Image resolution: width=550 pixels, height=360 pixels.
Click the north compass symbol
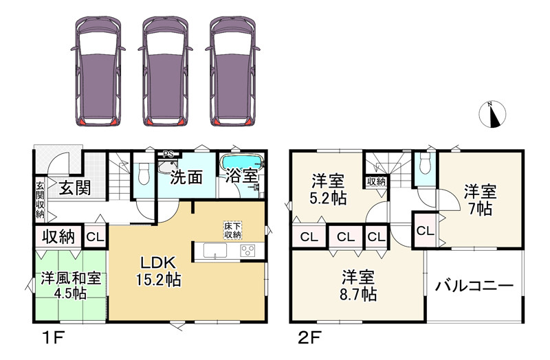(x=492, y=114)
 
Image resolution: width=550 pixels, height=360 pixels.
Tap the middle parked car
(x=165, y=71)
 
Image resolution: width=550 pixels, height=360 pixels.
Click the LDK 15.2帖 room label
(x=158, y=271)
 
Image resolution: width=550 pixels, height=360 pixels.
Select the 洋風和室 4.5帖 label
(x=71, y=285)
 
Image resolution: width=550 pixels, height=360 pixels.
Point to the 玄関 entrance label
(x=74, y=188)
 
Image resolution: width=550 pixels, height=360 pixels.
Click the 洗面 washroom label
(x=186, y=178)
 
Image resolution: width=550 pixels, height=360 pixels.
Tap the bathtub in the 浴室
(x=242, y=162)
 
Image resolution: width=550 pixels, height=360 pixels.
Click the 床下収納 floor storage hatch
(x=233, y=230)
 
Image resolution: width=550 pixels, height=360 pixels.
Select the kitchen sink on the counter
(x=215, y=251)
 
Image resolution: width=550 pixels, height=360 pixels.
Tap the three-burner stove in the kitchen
(x=247, y=251)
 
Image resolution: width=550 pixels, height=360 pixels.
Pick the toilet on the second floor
(x=425, y=164)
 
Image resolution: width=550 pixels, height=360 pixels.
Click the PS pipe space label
(x=168, y=154)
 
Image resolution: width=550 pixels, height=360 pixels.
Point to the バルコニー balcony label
(x=474, y=286)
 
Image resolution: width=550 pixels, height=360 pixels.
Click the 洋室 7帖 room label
(x=481, y=200)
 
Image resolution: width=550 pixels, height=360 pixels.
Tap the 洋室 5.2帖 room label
(x=329, y=190)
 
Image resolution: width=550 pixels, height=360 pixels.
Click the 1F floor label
(x=53, y=339)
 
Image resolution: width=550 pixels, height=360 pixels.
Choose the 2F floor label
(x=309, y=339)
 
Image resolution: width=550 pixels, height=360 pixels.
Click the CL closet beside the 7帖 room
(x=425, y=231)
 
